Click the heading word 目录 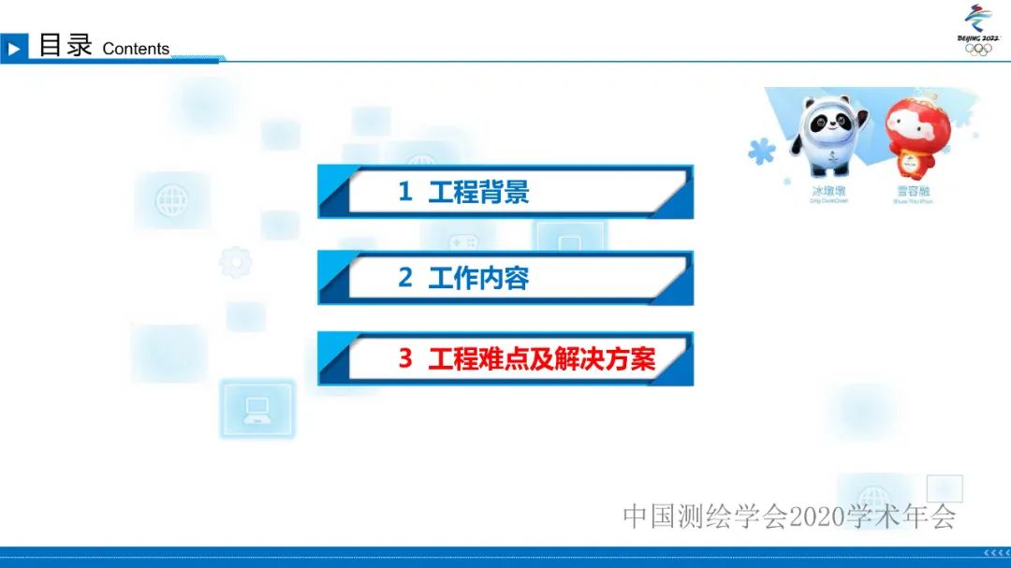tap(65, 45)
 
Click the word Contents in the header tap(136, 49)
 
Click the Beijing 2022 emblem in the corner tap(978, 29)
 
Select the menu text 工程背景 tap(478, 192)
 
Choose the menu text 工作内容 tap(478, 278)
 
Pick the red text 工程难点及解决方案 tap(542, 358)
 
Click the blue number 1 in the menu tap(405, 192)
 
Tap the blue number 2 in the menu tap(405, 278)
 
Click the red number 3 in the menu tap(405, 358)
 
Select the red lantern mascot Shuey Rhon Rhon tap(914, 140)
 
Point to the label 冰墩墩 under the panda tap(828, 190)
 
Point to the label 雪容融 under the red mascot tap(914, 190)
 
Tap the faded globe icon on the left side tap(171, 199)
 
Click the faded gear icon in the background tap(235, 262)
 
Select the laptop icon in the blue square tap(256, 409)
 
